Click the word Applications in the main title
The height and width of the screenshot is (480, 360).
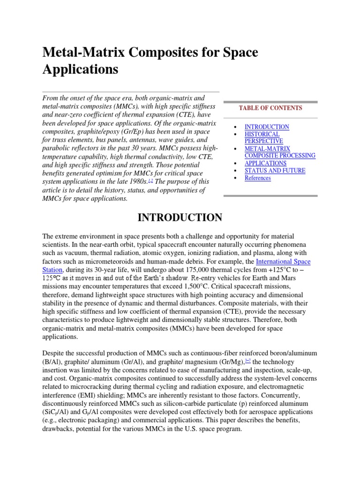(x=80, y=69)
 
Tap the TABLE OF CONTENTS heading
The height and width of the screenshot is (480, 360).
(x=270, y=108)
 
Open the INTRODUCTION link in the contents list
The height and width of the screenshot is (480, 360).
(x=267, y=127)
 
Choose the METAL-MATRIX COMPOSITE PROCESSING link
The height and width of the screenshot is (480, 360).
(x=280, y=152)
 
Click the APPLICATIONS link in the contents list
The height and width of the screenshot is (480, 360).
(x=265, y=164)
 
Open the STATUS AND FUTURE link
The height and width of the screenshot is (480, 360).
(x=275, y=171)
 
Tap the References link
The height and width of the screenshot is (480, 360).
(x=257, y=178)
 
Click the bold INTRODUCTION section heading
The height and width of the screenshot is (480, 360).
(x=180, y=217)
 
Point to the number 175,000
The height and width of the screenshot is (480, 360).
(x=187, y=270)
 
